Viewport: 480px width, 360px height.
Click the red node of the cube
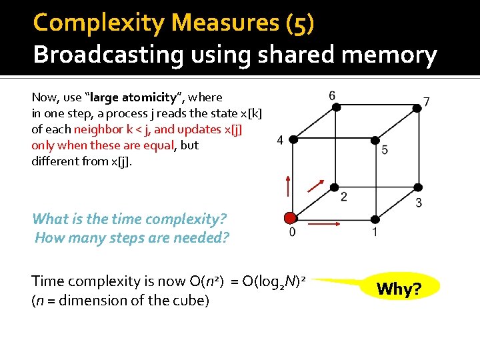click(290, 218)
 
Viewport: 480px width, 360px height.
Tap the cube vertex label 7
click(426, 101)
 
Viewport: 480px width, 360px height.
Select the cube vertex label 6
click(332, 96)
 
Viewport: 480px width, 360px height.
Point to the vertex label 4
click(280, 139)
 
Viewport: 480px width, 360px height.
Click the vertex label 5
click(385, 150)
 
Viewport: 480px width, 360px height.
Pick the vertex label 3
click(418, 202)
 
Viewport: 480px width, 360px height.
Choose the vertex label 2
click(343, 196)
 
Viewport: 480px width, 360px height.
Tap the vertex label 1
click(375, 232)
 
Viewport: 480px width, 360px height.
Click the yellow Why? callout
click(397, 289)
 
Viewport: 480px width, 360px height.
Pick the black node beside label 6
click(333, 107)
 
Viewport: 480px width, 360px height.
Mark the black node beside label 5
click(376, 141)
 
